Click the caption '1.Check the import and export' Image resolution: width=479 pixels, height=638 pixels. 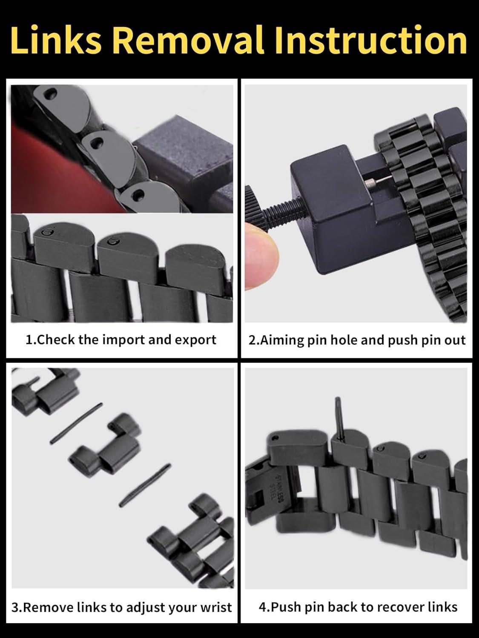tap(121, 340)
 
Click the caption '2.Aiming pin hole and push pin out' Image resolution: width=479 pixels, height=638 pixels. tap(357, 340)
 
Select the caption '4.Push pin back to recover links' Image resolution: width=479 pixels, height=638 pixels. tap(358, 607)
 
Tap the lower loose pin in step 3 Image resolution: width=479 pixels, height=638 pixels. tap(145, 484)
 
